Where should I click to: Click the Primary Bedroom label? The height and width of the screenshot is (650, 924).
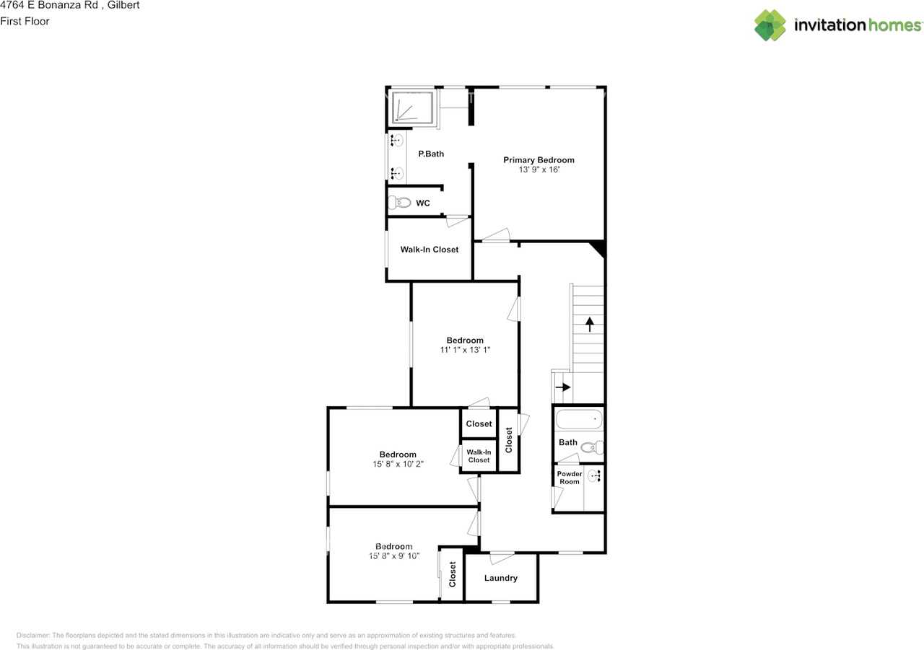click(x=539, y=160)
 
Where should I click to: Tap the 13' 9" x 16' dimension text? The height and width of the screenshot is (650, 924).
click(x=539, y=170)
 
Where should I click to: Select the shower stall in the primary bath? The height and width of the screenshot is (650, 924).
click(x=412, y=107)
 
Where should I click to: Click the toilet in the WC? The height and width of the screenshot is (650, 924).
click(x=399, y=203)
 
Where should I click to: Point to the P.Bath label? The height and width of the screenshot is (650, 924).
click(x=431, y=154)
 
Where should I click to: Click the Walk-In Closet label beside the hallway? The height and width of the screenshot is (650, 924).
click(x=430, y=250)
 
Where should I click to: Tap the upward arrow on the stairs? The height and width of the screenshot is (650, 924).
click(x=590, y=324)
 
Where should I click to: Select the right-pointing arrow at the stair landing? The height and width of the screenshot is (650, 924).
click(x=563, y=387)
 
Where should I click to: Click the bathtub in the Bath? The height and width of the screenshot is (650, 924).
click(x=579, y=420)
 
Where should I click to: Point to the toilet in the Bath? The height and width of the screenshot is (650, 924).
click(x=593, y=447)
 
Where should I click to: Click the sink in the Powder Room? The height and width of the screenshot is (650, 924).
click(x=595, y=476)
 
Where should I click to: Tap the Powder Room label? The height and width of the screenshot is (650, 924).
click(x=570, y=478)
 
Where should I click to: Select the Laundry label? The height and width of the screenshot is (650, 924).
click(x=501, y=578)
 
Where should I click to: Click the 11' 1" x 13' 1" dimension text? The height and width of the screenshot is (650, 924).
click(x=465, y=350)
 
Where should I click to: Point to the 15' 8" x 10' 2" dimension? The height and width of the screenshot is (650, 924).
click(x=398, y=464)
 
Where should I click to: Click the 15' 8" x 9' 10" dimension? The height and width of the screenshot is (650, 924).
click(x=394, y=556)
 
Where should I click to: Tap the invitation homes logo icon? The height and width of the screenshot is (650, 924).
click(x=770, y=25)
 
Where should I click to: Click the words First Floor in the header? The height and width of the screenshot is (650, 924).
click(x=25, y=21)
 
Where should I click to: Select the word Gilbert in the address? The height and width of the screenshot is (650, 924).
click(x=123, y=5)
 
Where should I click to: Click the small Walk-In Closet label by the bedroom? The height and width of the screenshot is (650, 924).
click(x=479, y=456)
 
